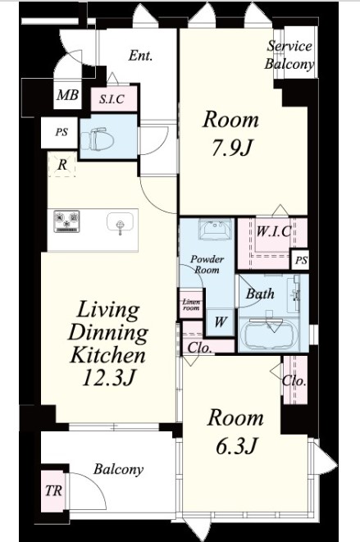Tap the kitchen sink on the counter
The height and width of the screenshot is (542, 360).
[120, 224]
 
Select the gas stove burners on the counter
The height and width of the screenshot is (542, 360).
[66, 221]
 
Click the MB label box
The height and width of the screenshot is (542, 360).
[68, 95]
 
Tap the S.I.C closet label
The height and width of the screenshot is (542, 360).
[112, 99]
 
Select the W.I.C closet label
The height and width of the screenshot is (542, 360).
[273, 231]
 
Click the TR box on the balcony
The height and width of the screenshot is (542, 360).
[54, 491]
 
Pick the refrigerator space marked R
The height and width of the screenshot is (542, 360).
[62, 165]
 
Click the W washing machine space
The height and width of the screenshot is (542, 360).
[220, 322]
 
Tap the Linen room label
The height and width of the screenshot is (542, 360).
[191, 305]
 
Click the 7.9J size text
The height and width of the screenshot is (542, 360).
[231, 148]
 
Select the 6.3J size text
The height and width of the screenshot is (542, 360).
[236, 446]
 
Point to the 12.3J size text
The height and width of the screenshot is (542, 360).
[108, 378]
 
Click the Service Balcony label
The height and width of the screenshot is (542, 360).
[289, 55]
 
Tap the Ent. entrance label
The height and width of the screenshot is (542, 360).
[140, 56]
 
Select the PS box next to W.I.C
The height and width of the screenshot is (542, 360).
[300, 260]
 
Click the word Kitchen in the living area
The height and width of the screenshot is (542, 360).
[107, 355]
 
